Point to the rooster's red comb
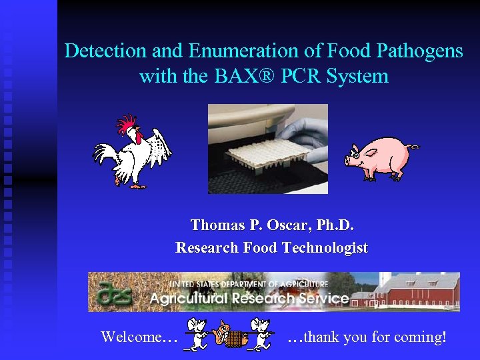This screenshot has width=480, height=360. [x=126, y=124]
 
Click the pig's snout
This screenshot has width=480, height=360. [x=347, y=160]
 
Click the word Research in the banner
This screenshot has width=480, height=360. [x=267, y=298]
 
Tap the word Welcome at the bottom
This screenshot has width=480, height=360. [x=131, y=337]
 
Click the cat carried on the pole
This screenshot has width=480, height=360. [x=231, y=334]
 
